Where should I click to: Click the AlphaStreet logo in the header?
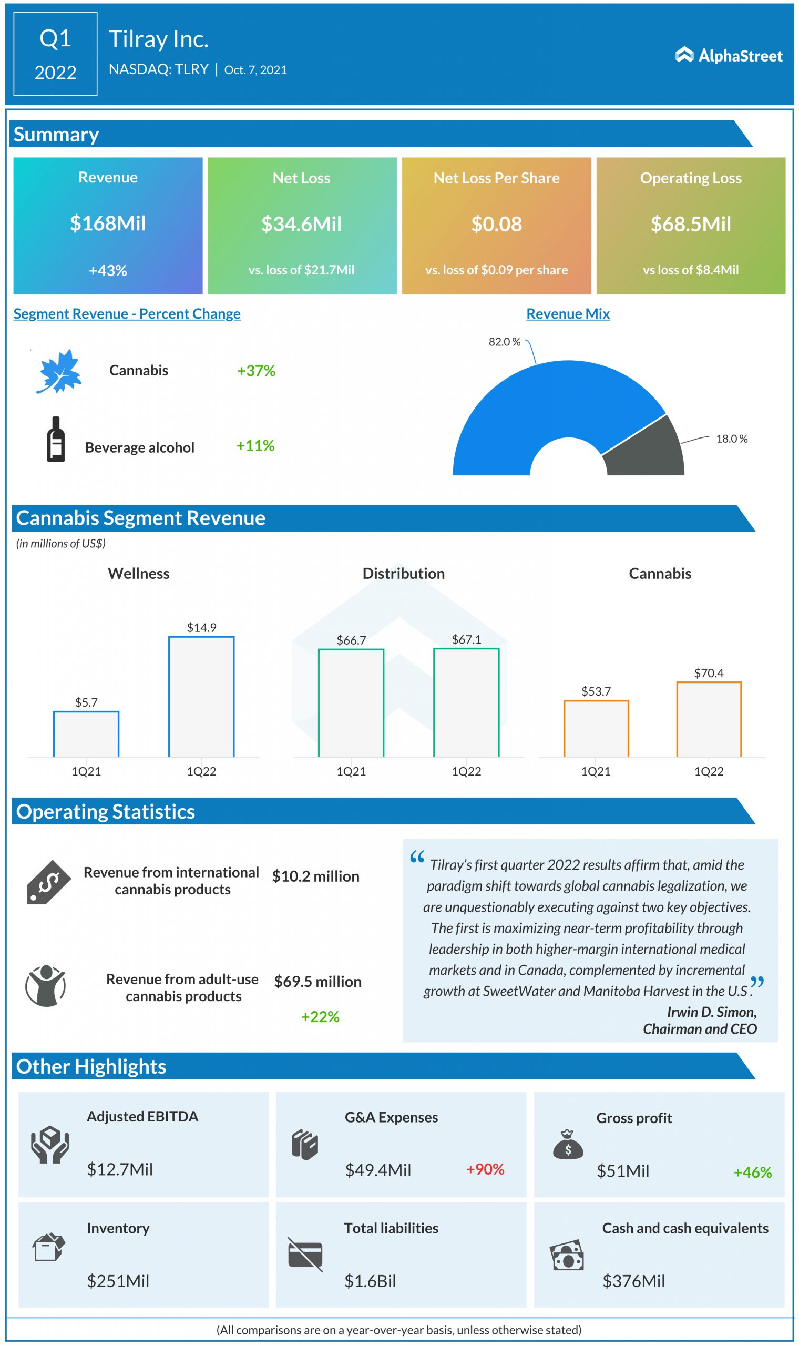[729, 55]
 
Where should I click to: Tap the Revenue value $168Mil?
[108, 223]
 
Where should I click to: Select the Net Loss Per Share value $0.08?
[496, 224]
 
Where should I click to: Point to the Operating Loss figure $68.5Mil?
[691, 224]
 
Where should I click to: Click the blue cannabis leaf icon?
[59, 371]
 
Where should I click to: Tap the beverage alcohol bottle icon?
[56, 440]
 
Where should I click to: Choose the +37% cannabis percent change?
[257, 371]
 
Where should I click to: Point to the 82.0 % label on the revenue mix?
[505, 342]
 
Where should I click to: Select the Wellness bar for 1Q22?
[201, 697]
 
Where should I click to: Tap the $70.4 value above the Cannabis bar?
[709, 673]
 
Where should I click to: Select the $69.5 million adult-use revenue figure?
[317, 982]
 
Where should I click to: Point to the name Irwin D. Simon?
[711, 1012]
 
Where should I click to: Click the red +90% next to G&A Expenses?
[485, 1169]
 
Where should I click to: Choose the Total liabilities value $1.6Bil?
[370, 1281]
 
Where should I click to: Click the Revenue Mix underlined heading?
[568, 314]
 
